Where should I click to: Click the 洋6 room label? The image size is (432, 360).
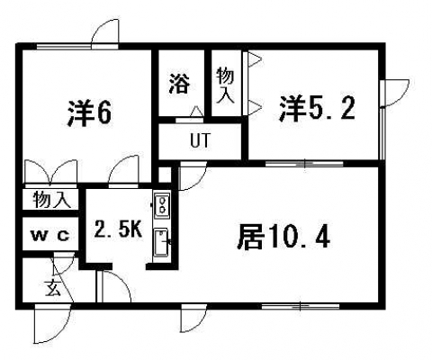click(89, 114)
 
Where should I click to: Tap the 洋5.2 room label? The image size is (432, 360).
click(317, 109)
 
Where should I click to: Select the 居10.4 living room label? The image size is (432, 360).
click(283, 238)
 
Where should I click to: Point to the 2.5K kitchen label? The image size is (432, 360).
click(117, 230)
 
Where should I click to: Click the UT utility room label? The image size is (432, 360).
click(201, 140)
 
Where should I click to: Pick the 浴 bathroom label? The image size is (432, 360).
click(180, 84)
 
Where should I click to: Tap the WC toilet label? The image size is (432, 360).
click(51, 236)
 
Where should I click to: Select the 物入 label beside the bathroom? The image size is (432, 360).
click(225, 85)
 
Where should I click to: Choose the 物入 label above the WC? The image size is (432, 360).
click(52, 200)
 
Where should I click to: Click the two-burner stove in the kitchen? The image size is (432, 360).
click(162, 205)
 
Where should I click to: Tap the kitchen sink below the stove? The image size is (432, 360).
click(162, 243)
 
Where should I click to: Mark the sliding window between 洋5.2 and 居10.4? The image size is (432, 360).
click(304, 164)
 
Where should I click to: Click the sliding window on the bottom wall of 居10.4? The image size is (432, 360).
click(301, 306)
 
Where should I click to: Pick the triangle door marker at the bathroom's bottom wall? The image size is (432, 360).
click(197, 112)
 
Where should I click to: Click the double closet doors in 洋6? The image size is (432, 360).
click(50, 172)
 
